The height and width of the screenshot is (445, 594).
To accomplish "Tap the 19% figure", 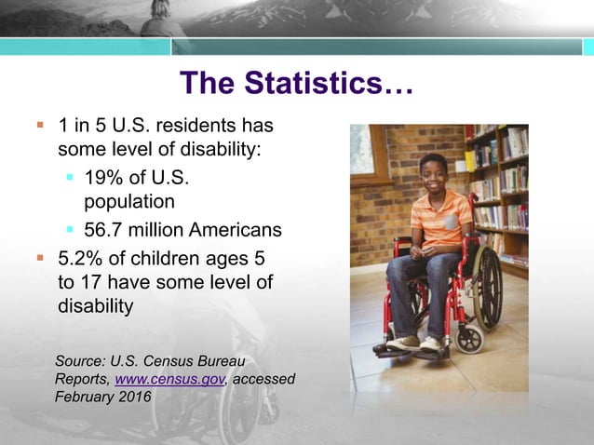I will (x=102, y=177).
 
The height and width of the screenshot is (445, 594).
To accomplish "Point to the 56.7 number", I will (x=103, y=229).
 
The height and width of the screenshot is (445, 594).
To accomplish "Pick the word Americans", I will (x=238, y=229).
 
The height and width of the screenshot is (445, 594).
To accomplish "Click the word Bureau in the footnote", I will (x=224, y=360).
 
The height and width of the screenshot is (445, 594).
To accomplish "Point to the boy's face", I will (x=434, y=173).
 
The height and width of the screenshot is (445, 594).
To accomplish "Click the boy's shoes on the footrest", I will (x=414, y=343).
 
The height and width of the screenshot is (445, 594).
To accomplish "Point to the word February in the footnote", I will (x=88, y=398).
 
